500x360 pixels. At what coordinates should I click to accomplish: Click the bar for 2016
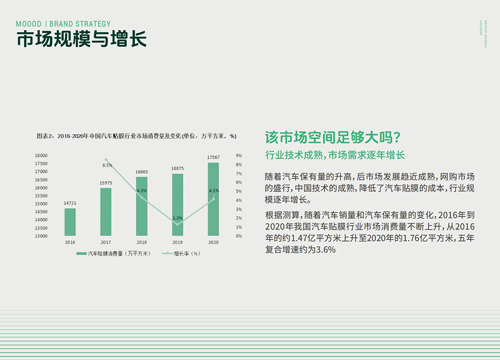70,222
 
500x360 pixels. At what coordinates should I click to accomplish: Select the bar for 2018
142,206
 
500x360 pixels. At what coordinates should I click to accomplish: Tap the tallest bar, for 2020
213,199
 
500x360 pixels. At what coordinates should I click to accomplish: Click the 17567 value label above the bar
213,157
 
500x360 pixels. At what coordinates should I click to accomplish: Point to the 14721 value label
70,203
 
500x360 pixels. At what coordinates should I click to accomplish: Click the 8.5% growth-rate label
107,165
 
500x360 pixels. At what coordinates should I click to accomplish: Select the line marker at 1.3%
177,224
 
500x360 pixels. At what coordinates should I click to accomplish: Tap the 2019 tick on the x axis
177,242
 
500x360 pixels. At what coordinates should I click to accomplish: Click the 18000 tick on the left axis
41,156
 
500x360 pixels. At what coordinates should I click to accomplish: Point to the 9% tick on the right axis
239,156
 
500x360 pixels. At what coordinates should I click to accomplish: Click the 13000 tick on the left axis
41,236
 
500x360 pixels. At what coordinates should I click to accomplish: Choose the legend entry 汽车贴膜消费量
113,253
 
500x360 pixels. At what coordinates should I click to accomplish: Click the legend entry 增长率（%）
181,253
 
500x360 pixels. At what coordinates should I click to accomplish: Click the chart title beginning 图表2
137,136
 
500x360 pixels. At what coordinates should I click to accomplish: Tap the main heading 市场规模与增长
82,39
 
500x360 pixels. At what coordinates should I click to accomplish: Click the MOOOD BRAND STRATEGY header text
63,24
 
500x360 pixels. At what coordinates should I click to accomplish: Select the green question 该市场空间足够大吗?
333,137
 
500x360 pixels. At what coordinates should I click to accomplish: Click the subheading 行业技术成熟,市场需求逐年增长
335,155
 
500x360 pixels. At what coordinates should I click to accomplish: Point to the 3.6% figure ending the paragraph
326,249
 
